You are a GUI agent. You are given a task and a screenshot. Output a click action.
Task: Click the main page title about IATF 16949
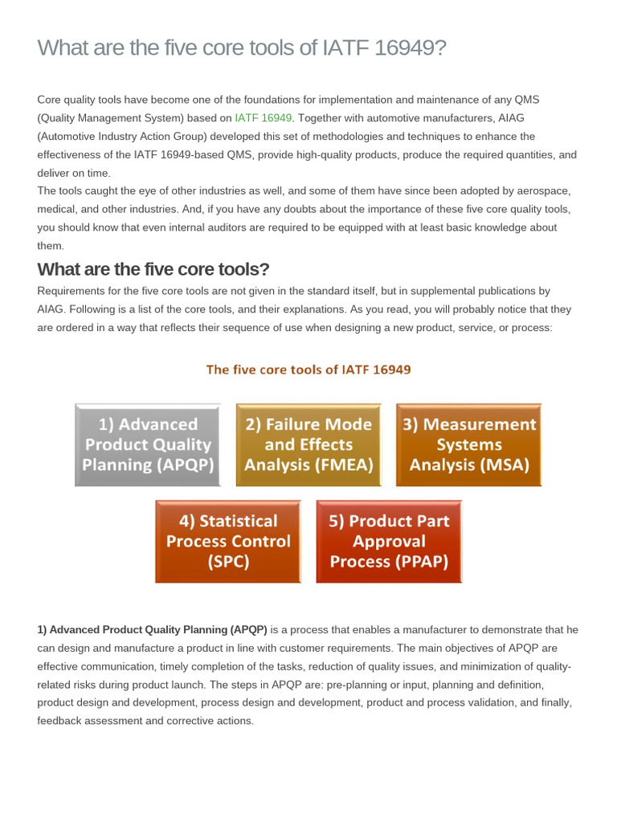[x=241, y=48]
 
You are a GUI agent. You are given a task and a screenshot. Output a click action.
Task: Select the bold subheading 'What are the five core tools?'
[x=153, y=268]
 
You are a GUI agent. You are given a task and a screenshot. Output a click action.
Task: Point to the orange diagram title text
[x=308, y=370]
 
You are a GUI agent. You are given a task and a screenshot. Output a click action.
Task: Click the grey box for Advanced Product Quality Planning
[x=148, y=444]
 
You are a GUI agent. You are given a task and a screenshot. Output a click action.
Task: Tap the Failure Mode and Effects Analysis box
[x=308, y=444]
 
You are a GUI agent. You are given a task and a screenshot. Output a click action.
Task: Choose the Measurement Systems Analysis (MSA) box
[x=469, y=444]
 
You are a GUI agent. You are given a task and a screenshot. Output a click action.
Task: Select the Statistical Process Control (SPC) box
[x=228, y=541]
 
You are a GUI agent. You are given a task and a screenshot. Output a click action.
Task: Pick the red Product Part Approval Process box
[x=389, y=541]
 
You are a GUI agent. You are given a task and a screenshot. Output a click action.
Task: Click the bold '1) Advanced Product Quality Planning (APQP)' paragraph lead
[x=152, y=629]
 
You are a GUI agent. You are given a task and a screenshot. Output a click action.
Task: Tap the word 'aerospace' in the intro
[x=542, y=191]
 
